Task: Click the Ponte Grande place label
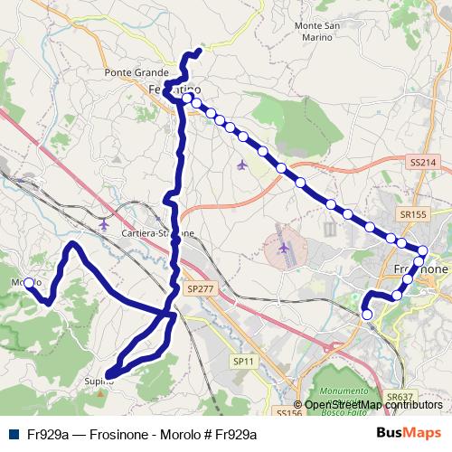point(137,72)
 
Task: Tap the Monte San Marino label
point(317,32)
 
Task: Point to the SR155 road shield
point(411,214)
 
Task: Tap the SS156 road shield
point(288,412)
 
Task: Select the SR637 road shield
point(399,397)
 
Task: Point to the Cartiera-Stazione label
point(157,233)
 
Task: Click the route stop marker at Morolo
point(28,283)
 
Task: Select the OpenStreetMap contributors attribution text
point(372,405)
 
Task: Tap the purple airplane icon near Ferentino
point(240,165)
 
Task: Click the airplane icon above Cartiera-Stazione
point(104,222)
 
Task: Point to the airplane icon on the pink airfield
point(285,246)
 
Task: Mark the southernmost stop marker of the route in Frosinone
point(366,314)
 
